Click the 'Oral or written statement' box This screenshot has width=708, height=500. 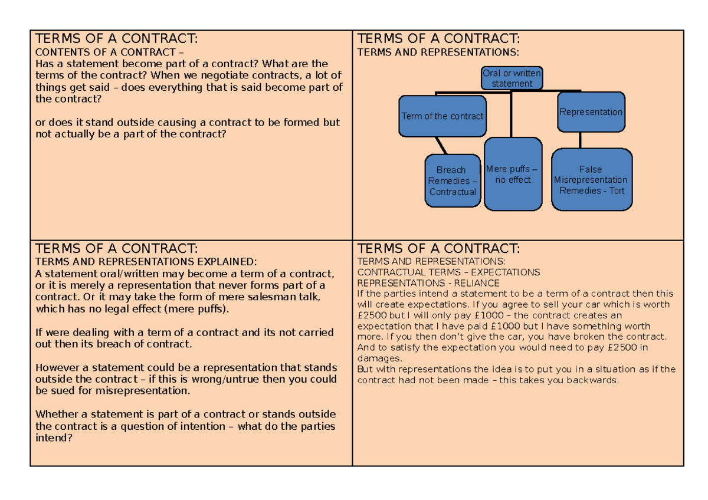pyautogui.click(x=512, y=78)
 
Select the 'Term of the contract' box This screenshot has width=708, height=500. pyautogui.click(x=442, y=116)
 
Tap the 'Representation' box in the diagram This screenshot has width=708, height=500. pyautogui.click(x=591, y=112)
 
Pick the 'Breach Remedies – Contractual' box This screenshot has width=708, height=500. pyautogui.click(x=453, y=181)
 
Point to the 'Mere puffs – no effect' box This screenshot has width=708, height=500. pyautogui.click(x=512, y=174)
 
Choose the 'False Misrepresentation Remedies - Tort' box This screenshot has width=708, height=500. pyautogui.click(x=591, y=180)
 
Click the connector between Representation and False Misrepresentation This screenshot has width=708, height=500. pyautogui.click(x=581, y=140)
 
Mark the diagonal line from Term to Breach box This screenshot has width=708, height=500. pyautogui.click(x=440, y=145)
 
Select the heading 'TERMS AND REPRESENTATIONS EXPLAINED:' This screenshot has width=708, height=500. pyautogui.click(x=146, y=261)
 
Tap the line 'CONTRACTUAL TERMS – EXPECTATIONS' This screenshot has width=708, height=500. pyautogui.click(x=448, y=272)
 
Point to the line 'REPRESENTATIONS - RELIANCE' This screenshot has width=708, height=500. pyautogui.click(x=428, y=283)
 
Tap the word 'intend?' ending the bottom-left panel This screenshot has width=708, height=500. pyautogui.click(x=55, y=438)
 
